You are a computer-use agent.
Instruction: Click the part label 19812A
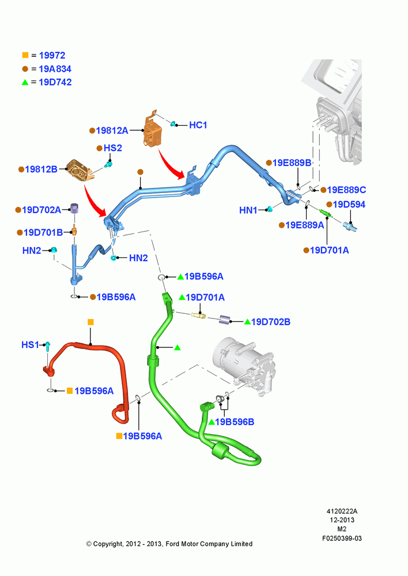click(x=112, y=130)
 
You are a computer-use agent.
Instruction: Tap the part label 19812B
click(x=41, y=169)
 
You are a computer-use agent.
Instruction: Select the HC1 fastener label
click(x=198, y=125)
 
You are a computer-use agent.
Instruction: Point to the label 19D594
click(x=349, y=204)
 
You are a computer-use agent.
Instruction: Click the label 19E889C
click(x=346, y=190)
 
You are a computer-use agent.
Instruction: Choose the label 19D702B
click(x=270, y=322)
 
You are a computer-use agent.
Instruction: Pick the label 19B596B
click(x=235, y=422)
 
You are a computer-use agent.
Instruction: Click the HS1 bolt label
click(x=30, y=344)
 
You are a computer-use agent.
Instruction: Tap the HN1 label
click(x=248, y=210)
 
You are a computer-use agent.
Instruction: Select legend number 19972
click(x=52, y=55)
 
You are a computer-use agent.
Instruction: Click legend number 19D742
click(x=55, y=82)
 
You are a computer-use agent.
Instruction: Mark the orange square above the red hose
click(x=91, y=322)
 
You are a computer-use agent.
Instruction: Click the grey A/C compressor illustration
click(x=244, y=367)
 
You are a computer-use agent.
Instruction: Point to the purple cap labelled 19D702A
click(x=75, y=209)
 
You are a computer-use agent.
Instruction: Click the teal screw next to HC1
click(x=173, y=124)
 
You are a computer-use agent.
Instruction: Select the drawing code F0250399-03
click(x=342, y=538)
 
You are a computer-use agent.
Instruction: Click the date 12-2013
click(x=342, y=520)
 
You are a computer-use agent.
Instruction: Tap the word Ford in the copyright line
click(x=173, y=544)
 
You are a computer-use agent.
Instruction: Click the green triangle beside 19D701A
click(x=182, y=297)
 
